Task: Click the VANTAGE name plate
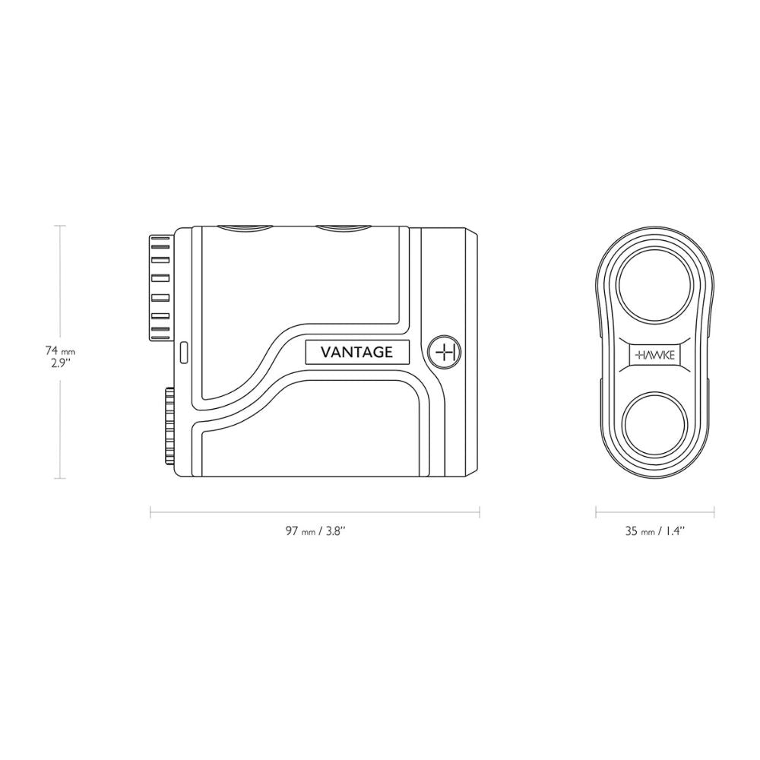coord(357,352)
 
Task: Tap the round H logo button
coord(445,352)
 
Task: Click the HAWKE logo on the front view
coord(655,355)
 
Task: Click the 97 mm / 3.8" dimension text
coord(315,530)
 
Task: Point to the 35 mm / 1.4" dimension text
coord(655,530)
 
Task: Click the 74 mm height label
coord(60,350)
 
